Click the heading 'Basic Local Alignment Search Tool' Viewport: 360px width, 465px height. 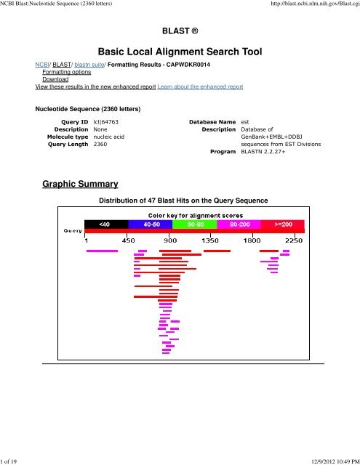180,50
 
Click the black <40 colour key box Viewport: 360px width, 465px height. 107,225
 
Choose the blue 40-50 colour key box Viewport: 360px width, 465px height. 151,225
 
